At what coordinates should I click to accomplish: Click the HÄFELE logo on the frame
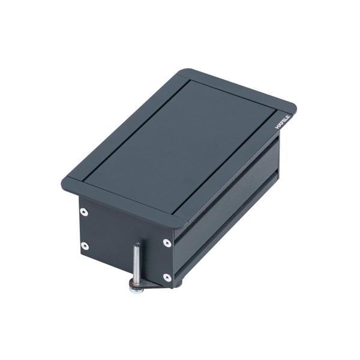point(284,120)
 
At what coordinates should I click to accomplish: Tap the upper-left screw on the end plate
point(84,212)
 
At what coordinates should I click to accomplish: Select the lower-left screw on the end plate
point(85,245)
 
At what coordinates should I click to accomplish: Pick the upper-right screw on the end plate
point(167,243)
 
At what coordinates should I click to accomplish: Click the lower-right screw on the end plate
point(167,277)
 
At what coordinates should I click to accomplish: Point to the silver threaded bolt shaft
point(137,264)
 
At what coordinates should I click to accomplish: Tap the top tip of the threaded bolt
point(137,245)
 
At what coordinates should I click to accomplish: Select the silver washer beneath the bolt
point(136,290)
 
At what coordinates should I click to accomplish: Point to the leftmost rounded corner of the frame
point(65,181)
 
